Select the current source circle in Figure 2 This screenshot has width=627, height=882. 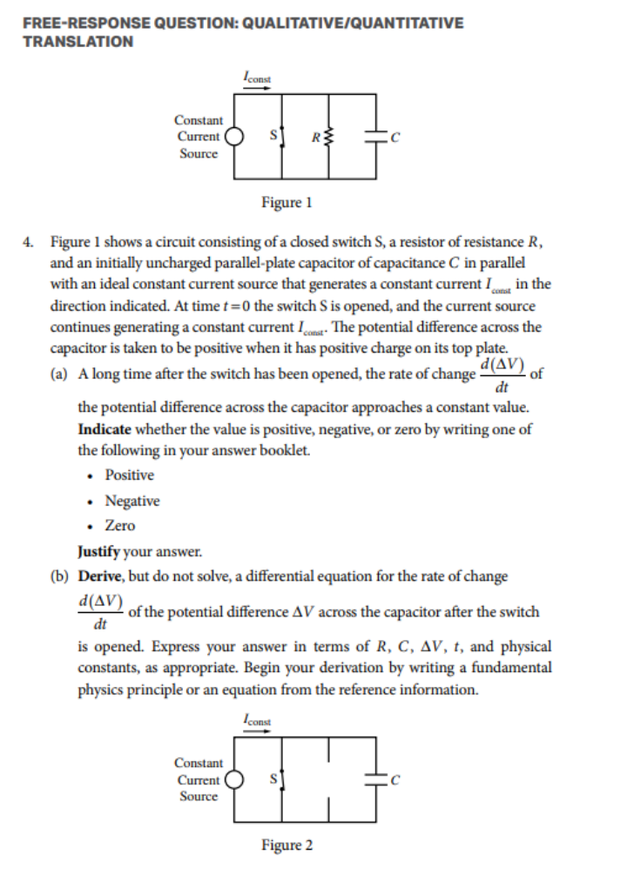tap(233, 779)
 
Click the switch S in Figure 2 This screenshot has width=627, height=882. tap(280, 779)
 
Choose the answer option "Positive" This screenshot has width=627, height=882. tap(129, 475)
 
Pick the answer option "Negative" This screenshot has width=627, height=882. tap(131, 501)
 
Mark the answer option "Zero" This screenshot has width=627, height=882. tap(120, 526)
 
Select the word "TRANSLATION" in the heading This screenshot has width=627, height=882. tap(78, 42)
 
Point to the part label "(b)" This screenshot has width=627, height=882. tap(62, 576)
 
